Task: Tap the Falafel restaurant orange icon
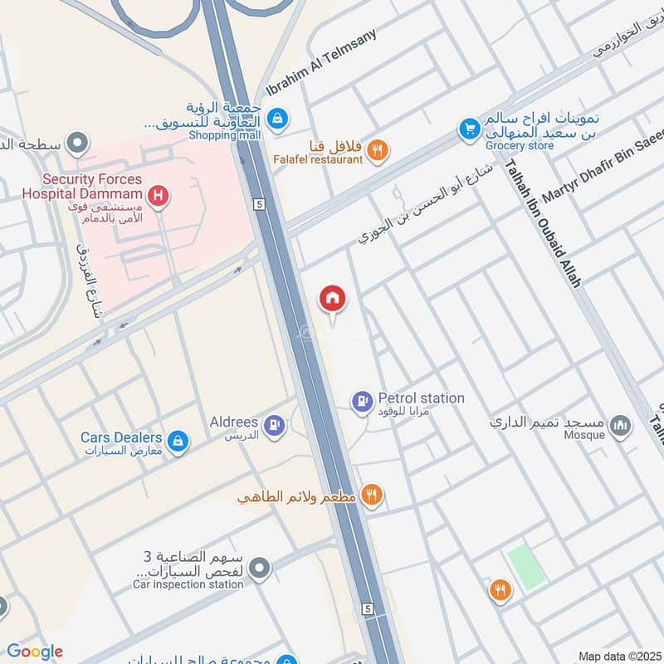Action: coord(377,150)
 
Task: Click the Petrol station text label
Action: coord(421,398)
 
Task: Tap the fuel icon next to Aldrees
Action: coord(273,427)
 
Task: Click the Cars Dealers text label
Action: coord(121,437)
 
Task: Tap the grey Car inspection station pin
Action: coord(261,569)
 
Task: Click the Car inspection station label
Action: coord(188,584)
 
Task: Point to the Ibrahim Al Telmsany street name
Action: coord(321,63)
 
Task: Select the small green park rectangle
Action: coord(525,568)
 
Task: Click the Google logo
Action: coord(35,652)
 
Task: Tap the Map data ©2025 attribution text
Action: coord(618,656)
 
